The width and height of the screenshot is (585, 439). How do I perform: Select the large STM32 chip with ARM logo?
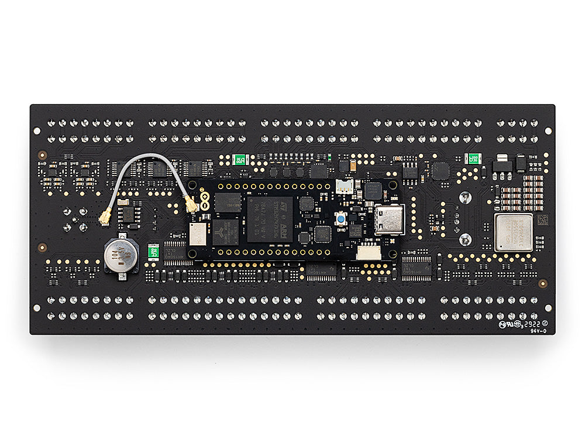click(x=270, y=219)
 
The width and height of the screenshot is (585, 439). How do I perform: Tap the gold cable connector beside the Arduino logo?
click(x=191, y=205)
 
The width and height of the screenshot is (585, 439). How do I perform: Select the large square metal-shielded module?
click(x=513, y=232)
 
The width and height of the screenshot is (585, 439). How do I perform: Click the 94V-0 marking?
click(x=538, y=330)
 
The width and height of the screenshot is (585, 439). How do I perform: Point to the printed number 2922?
click(x=531, y=323)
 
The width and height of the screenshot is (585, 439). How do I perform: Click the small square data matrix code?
click(x=542, y=220)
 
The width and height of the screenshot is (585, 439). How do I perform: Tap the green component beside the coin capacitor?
click(x=153, y=251)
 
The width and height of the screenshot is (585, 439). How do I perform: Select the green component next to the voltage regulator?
click(x=473, y=159)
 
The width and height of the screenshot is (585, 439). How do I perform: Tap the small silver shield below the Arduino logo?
click(x=196, y=233)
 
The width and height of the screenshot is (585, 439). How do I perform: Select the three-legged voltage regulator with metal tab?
click(x=501, y=163)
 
